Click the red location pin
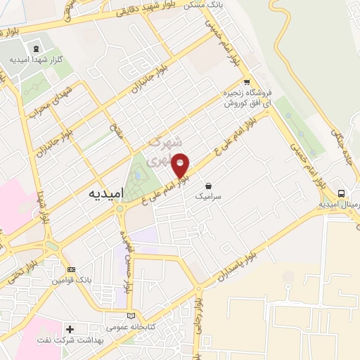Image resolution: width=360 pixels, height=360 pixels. point(181,165)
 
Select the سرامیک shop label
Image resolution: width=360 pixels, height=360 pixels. point(210,198)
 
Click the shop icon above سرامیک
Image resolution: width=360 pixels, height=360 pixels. point(208,187)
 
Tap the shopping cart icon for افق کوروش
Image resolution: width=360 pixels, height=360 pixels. point(246,82)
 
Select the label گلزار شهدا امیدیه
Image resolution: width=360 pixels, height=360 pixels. point(32,59)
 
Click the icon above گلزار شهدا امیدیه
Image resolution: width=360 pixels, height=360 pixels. point(32,47)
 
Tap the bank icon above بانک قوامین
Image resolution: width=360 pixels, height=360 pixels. point(70,269)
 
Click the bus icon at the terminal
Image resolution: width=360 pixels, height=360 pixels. point(341,193)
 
